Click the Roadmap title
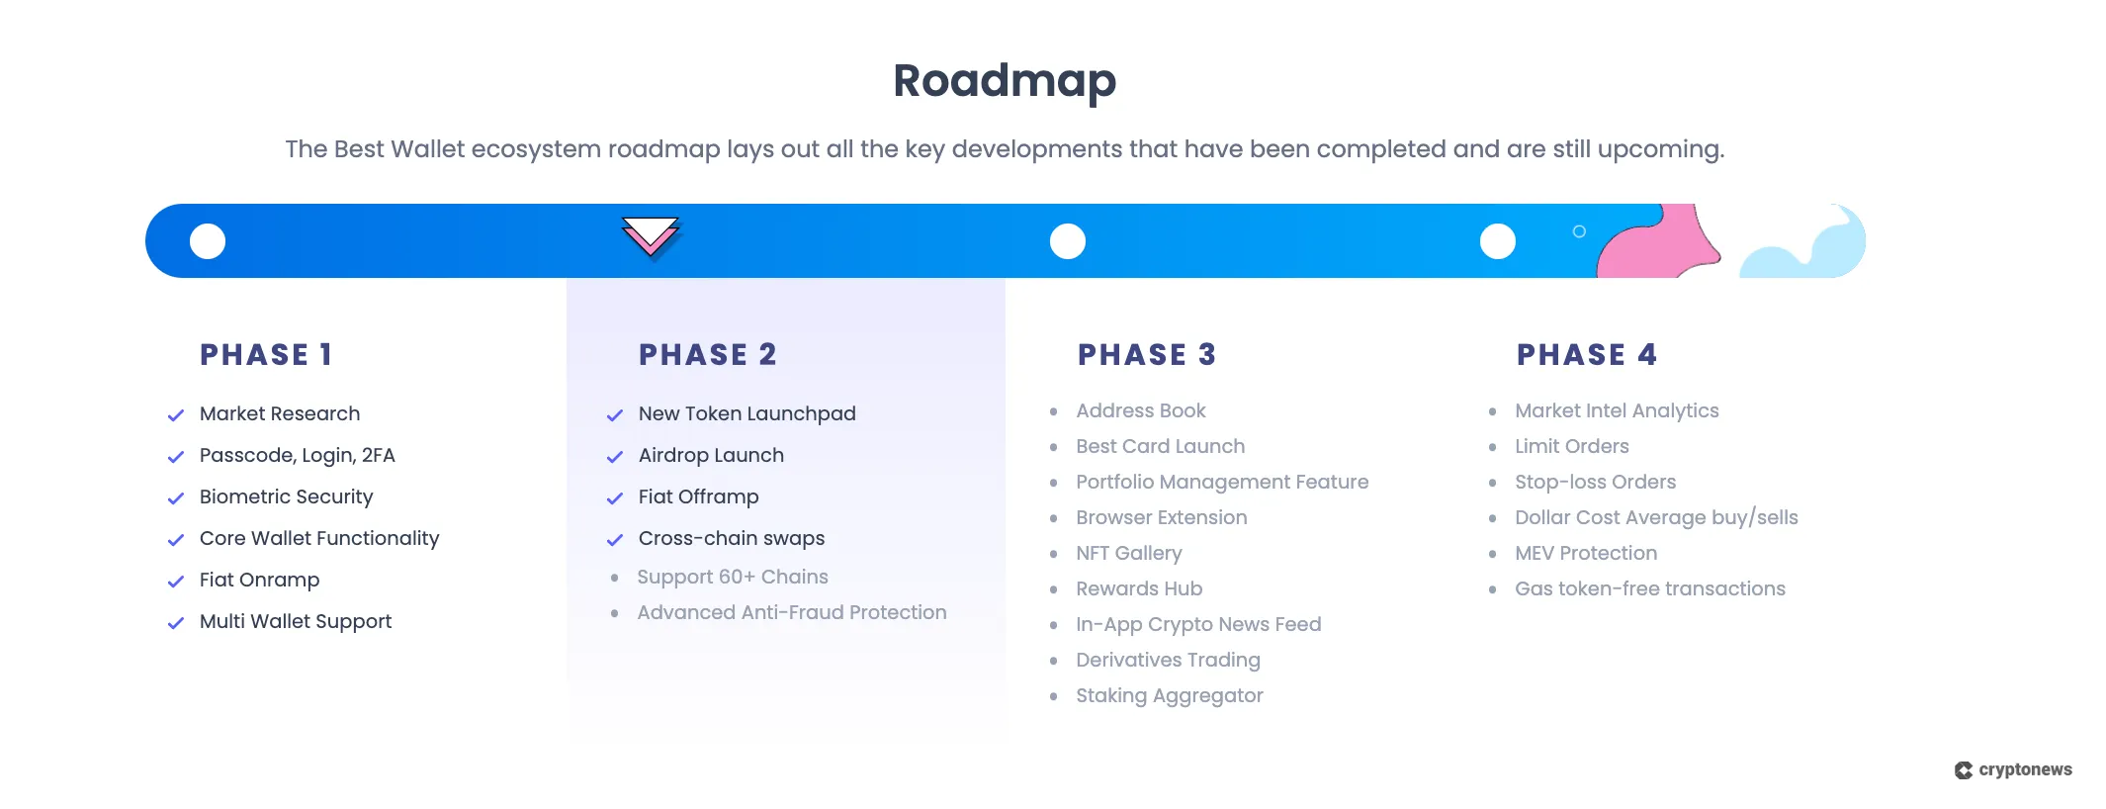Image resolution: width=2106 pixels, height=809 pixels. [1005, 81]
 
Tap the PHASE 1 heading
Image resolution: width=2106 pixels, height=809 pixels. [266, 355]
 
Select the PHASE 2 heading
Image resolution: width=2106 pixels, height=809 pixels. [708, 355]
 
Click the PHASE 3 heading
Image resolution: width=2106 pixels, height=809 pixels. [1147, 355]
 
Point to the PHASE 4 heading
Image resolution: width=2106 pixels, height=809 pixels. [1587, 355]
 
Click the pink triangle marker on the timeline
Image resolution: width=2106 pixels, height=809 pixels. [650, 235]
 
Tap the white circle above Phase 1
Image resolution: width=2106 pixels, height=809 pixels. [208, 241]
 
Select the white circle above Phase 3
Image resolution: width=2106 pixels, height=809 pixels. [1068, 241]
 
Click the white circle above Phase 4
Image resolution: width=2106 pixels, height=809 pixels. [1497, 241]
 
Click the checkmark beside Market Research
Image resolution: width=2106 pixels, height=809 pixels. [176, 415]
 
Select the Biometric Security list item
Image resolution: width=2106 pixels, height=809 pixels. [286, 496]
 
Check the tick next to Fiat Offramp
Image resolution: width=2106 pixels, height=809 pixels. [615, 498]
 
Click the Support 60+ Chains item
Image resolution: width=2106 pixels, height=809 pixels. [733, 577]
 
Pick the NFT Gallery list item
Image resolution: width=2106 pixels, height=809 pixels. [1129, 553]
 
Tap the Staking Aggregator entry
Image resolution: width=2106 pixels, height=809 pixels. [1170, 695]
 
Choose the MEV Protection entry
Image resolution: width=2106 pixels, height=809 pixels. [1586, 553]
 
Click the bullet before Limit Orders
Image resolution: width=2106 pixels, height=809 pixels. [1493, 447]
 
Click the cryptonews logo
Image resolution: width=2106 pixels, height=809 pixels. [2013, 769]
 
